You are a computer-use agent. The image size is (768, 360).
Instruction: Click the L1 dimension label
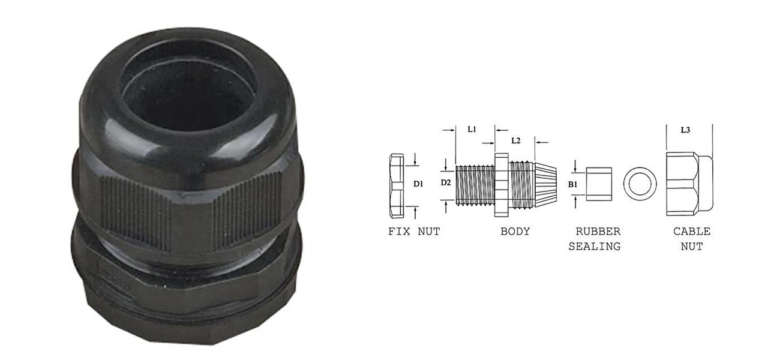click(472, 129)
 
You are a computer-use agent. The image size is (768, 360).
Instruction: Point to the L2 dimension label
click(515, 140)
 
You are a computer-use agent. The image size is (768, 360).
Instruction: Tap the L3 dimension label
click(685, 130)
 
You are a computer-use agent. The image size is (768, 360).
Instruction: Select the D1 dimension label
click(418, 184)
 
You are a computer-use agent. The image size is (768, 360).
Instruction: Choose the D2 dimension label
click(445, 183)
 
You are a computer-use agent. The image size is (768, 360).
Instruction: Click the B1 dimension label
click(572, 184)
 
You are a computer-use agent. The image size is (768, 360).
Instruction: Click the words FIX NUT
click(414, 232)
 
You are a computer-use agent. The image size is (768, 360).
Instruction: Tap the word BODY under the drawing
click(515, 232)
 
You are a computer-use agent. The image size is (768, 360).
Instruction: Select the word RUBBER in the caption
click(598, 232)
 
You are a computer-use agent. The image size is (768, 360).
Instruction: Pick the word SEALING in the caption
click(595, 247)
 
